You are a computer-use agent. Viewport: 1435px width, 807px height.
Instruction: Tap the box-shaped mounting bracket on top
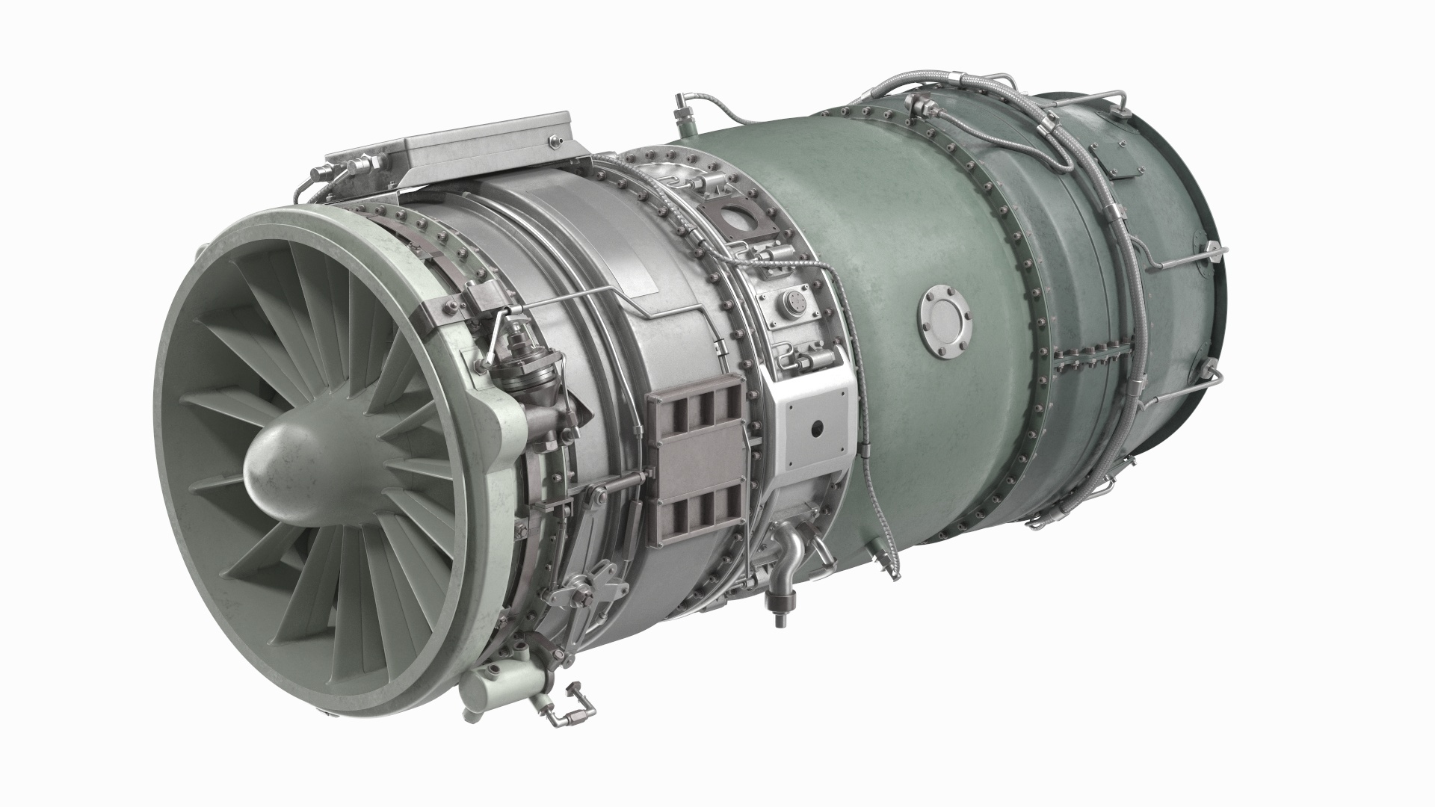pos(478,149)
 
